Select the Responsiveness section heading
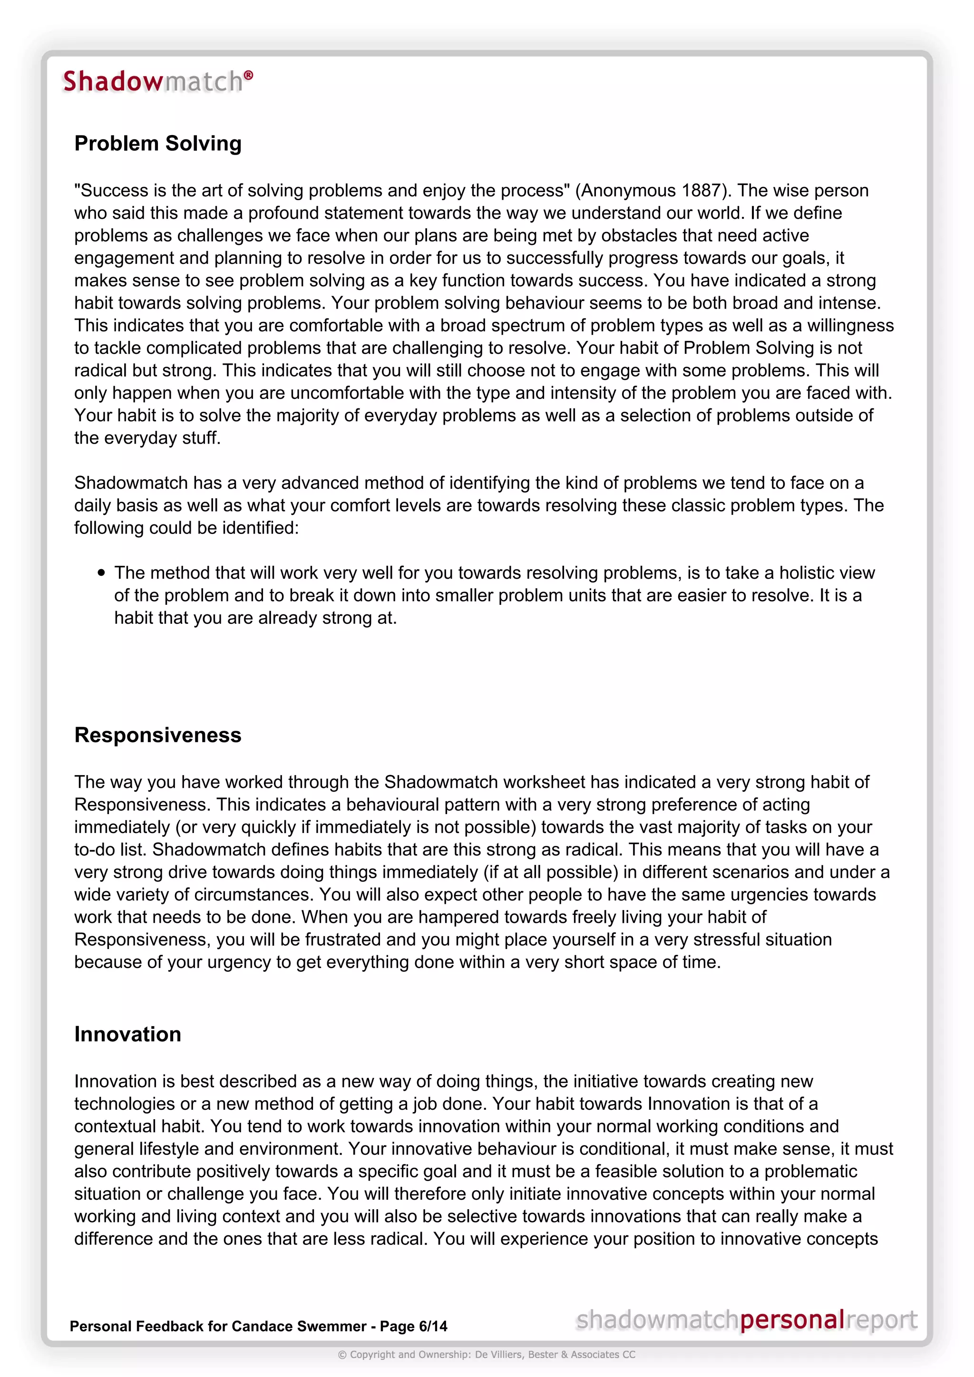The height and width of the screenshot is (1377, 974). tap(158, 735)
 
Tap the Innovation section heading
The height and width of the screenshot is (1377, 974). tap(128, 1034)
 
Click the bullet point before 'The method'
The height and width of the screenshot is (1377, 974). tap(101, 573)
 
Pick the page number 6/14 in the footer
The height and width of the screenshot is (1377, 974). tap(433, 1326)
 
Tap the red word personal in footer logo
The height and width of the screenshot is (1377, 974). tap(792, 1319)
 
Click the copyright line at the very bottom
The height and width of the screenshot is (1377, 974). tap(487, 1354)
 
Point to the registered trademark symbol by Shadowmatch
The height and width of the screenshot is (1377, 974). tap(248, 75)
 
